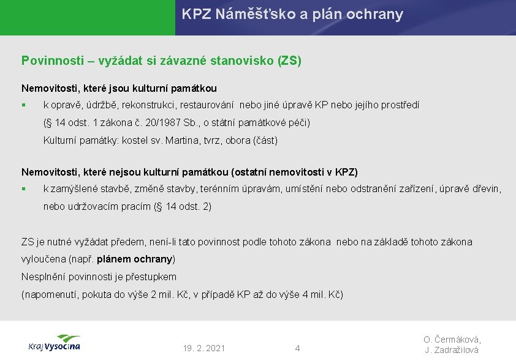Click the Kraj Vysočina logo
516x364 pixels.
(54, 343)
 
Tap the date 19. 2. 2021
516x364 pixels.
(204, 348)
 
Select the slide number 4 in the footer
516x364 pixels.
(297, 348)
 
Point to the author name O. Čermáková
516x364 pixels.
(452, 340)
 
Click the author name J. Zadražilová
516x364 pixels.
(452, 350)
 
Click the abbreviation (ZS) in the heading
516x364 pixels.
(290, 61)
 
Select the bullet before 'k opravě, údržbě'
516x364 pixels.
(23, 106)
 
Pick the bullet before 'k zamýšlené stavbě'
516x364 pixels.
(23, 189)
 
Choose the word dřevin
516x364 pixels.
(487, 189)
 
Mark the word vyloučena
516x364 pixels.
(44, 259)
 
